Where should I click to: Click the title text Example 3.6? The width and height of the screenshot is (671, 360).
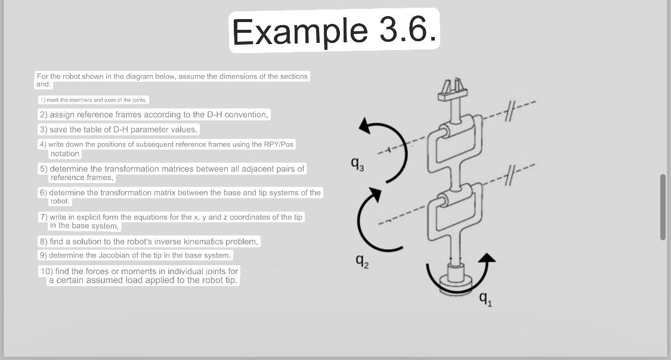[335, 30]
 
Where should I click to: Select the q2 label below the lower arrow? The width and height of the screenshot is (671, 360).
[362, 260]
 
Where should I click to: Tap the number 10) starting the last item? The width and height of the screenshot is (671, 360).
[46, 271]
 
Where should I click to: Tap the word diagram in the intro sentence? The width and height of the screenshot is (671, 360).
[140, 76]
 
